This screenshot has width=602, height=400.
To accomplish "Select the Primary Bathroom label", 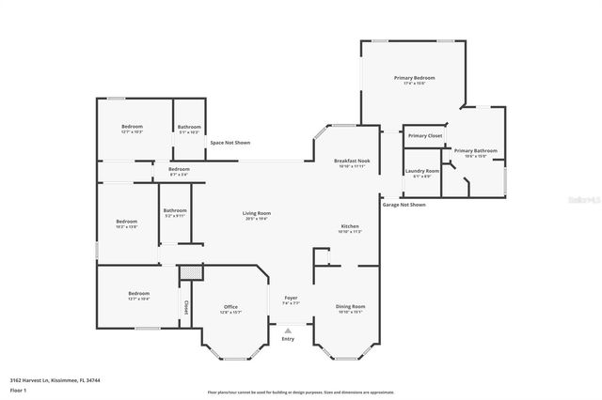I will click(475, 150).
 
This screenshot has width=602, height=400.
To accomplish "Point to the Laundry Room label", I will click(422, 170).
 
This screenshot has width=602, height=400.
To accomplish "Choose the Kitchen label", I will click(350, 226).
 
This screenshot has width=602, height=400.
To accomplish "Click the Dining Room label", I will click(351, 307).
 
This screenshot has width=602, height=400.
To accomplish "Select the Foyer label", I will click(291, 298).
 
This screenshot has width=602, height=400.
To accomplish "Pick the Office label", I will click(230, 307).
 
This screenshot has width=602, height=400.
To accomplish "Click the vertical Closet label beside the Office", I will click(186, 306).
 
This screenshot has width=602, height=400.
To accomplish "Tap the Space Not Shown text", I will click(230, 143).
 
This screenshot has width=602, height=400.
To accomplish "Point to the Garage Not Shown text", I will click(404, 204).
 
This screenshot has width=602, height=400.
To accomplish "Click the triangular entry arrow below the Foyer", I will click(288, 330).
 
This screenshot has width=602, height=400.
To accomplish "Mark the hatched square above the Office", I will click(191, 270).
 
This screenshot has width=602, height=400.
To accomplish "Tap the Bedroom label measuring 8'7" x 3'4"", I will click(179, 169).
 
